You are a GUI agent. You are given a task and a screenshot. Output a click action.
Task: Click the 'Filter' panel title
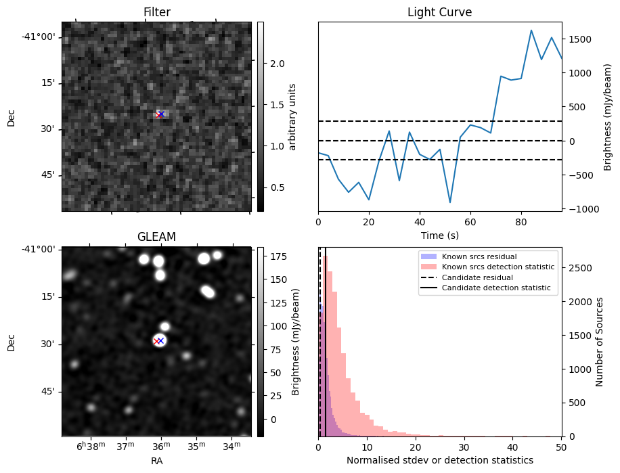click(x=156, y=12)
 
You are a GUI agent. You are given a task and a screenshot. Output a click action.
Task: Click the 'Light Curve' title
click(x=439, y=12)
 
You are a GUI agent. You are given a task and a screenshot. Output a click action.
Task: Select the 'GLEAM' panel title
click(x=156, y=236)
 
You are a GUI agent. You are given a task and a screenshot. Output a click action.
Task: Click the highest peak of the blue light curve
click(x=531, y=30)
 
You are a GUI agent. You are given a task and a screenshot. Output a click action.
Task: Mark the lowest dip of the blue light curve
click(x=450, y=202)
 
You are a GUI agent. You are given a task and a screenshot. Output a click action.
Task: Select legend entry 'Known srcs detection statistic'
click(x=497, y=267)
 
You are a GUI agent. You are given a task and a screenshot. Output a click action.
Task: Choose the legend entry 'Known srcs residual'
click(x=479, y=257)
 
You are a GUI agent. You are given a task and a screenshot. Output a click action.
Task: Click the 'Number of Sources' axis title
click(x=600, y=342)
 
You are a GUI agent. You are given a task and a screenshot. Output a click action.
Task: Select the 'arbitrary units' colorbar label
click(x=292, y=116)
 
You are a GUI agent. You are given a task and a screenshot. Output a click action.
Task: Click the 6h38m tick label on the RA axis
click(x=91, y=447)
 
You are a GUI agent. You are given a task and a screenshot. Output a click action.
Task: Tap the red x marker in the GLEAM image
click(x=156, y=341)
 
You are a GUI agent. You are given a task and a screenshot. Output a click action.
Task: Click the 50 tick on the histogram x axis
click(x=561, y=447)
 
